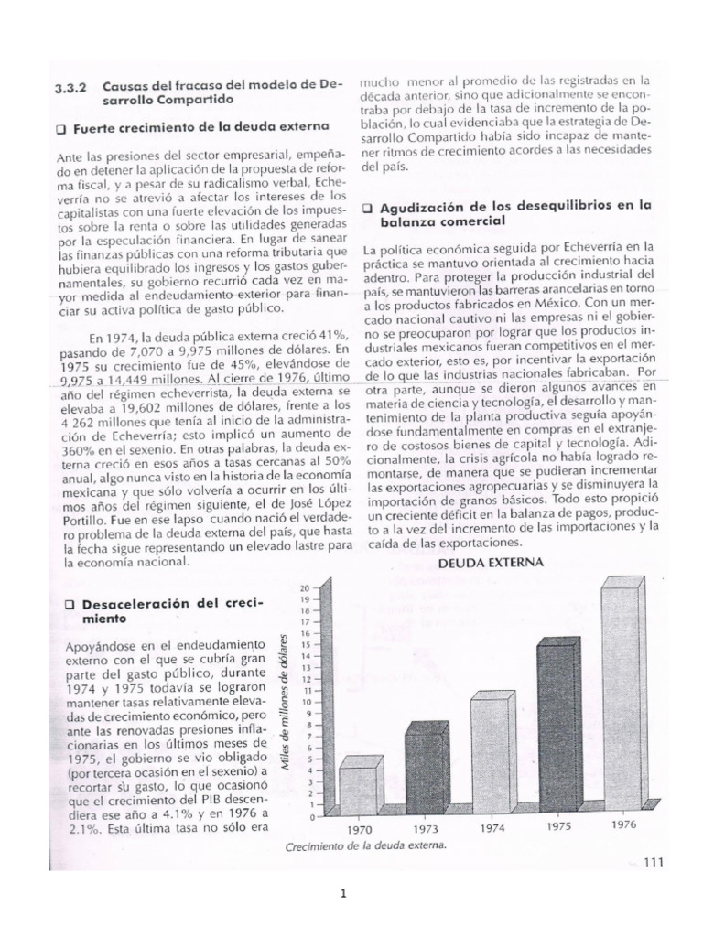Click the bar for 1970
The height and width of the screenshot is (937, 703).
pyautogui.click(x=358, y=788)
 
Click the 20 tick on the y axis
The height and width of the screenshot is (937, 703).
pyautogui.click(x=305, y=586)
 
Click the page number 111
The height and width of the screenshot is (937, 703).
pyautogui.click(x=654, y=860)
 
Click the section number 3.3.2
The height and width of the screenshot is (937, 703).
pyautogui.click(x=72, y=85)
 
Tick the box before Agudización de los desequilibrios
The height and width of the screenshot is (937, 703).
pyautogui.click(x=367, y=208)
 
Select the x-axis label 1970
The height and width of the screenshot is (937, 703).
pyautogui.click(x=360, y=829)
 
